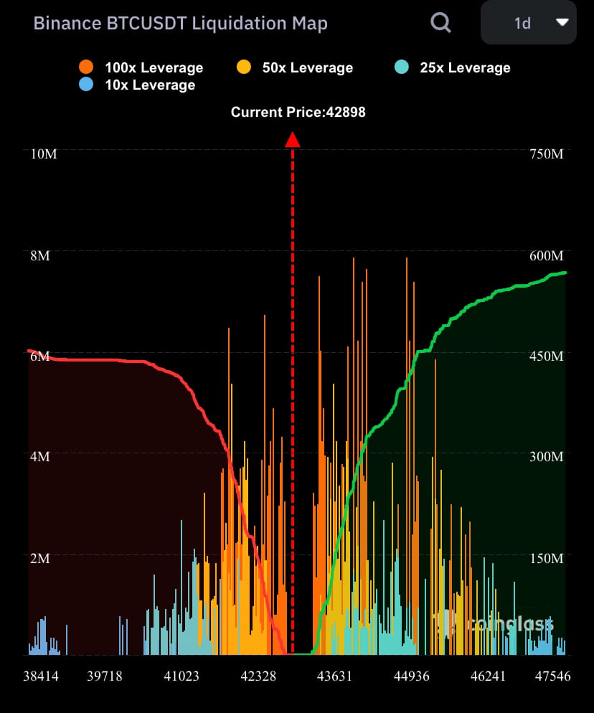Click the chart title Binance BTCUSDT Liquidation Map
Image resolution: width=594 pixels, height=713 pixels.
(180, 24)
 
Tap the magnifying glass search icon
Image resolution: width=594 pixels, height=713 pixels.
(440, 23)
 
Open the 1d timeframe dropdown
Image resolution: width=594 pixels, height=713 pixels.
(528, 23)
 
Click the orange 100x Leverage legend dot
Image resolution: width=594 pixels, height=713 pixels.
(87, 67)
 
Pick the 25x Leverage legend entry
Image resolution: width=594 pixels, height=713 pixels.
(453, 67)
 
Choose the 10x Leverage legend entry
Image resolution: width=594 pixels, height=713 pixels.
(136, 85)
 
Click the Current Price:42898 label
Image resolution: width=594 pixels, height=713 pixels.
(298, 112)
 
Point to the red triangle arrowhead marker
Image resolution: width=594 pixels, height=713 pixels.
(292, 140)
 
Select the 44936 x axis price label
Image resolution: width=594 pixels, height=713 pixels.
(412, 676)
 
